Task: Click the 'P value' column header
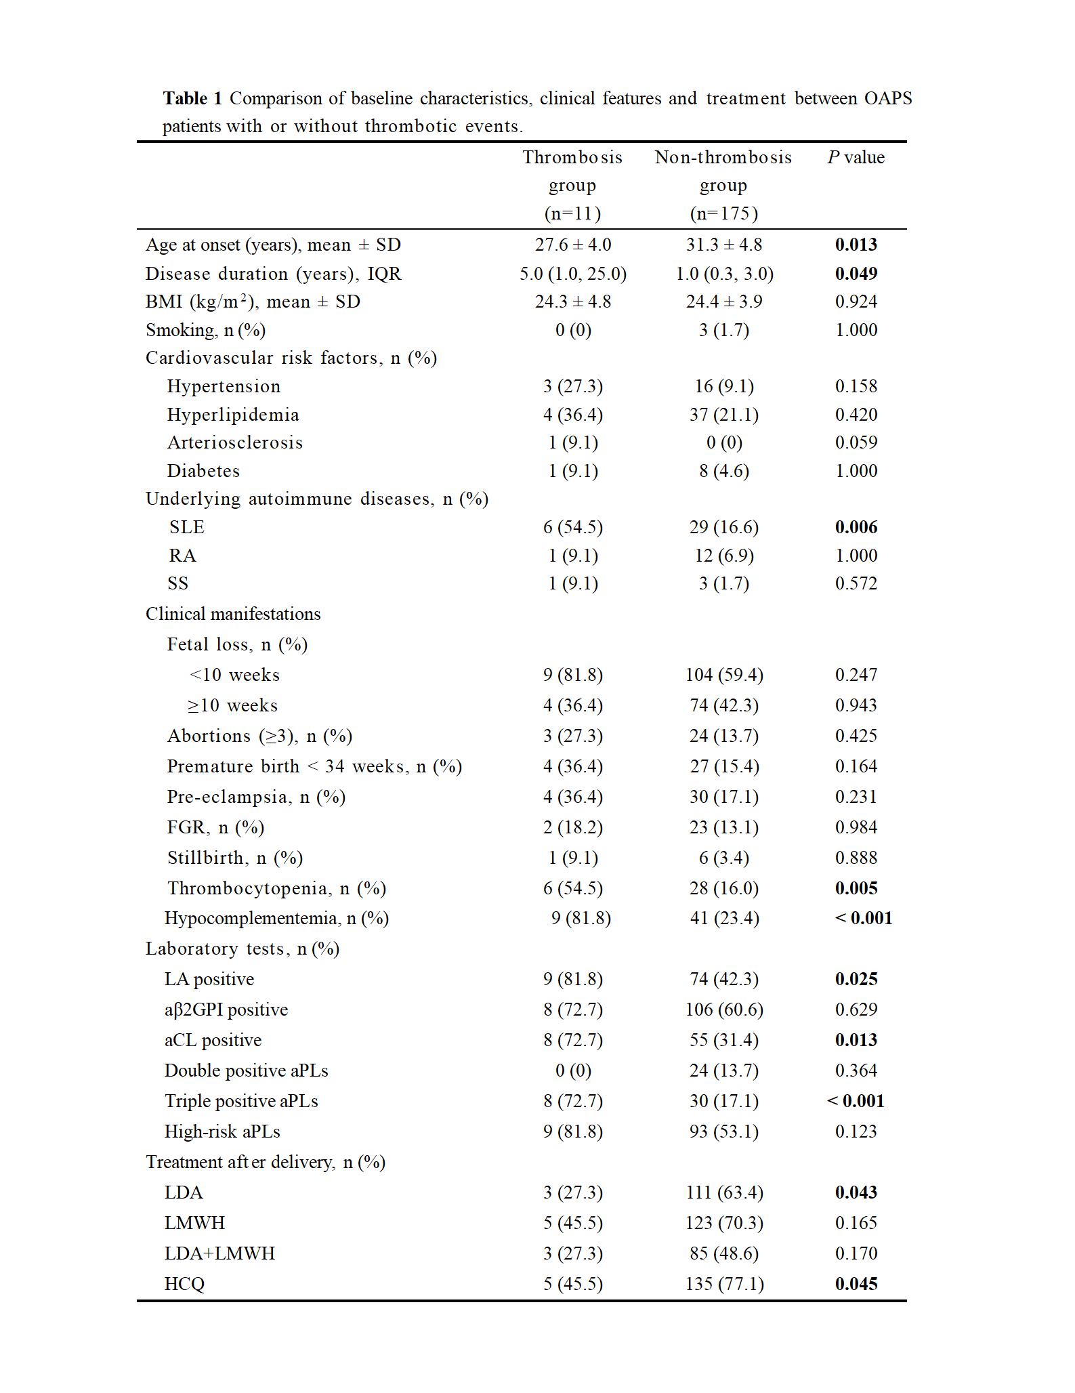pyautogui.click(x=856, y=158)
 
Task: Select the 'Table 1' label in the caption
pyautogui.click(x=192, y=99)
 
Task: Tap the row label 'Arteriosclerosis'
pyautogui.click(x=235, y=443)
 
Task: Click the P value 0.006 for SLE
pyautogui.click(x=856, y=527)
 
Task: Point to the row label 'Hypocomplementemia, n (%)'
pyautogui.click(x=276, y=918)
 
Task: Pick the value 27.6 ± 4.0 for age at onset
pyautogui.click(x=572, y=245)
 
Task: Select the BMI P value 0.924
pyautogui.click(x=856, y=302)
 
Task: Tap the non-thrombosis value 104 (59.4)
pyautogui.click(x=723, y=675)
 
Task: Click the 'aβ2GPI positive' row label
pyautogui.click(x=226, y=1010)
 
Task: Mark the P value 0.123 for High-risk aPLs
pyautogui.click(x=856, y=1131)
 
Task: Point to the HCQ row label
pyautogui.click(x=184, y=1284)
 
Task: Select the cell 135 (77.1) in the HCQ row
pyautogui.click(x=723, y=1284)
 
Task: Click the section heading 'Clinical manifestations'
pyautogui.click(x=233, y=614)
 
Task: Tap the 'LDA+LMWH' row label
pyautogui.click(x=219, y=1253)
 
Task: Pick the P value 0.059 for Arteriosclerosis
pyautogui.click(x=856, y=443)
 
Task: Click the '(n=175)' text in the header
pyautogui.click(x=723, y=214)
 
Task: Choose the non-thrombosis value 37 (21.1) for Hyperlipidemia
pyautogui.click(x=723, y=415)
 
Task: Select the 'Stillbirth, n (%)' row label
pyautogui.click(x=235, y=858)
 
